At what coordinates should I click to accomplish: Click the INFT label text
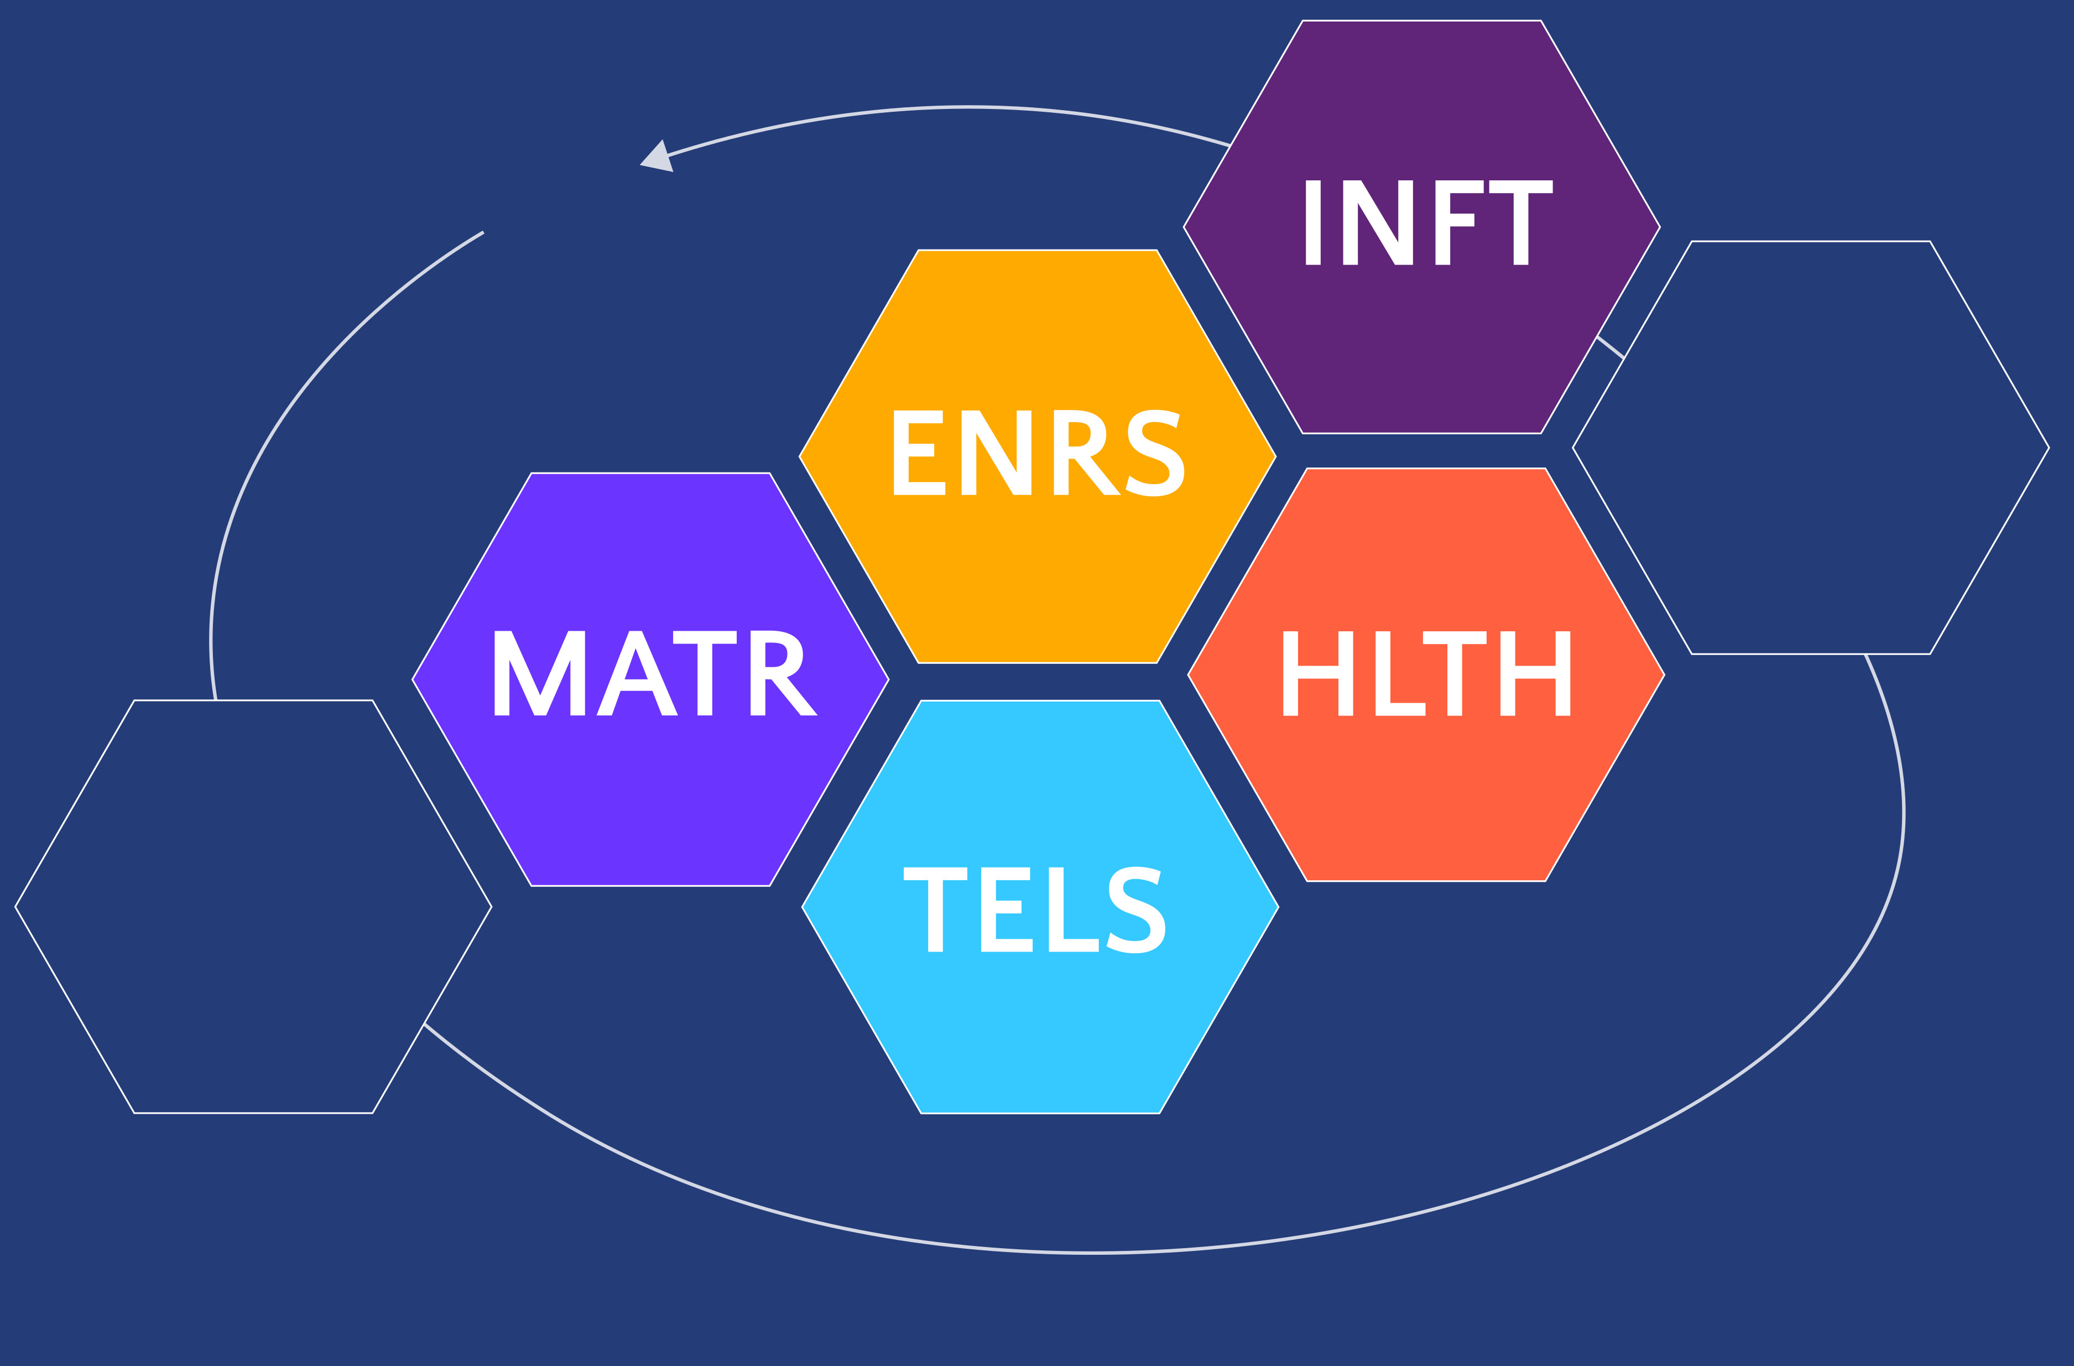pyautogui.click(x=1428, y=222)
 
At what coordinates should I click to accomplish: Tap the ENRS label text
pyautogui.click(x=1038, y=453)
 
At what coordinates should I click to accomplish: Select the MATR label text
pyautogui.click(x=655, y=673)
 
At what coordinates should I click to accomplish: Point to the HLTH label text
pyautogui.click(x=1426, y=673)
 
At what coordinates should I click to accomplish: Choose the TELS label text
pyautogui.click(x=1034, y=909)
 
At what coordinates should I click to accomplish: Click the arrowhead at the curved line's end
pyautogui.click(x=659, y=158)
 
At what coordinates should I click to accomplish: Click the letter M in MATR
pyautogui.click(x=539, y=673)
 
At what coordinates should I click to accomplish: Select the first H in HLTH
pyautogui.click(x=1317, y=673)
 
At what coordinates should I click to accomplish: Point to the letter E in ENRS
pyautogui.click(x=919, y=453)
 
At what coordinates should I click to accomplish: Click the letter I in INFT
pyautogui.click(x=1312, y=222)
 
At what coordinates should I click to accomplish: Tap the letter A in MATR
pyautogui.click(x=637, y=673)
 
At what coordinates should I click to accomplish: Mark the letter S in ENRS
pyautogui.click(x=1155, y=453)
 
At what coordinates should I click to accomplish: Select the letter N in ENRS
pyautogui.click(x=996, y=453)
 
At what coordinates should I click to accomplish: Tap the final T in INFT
pyautogui.click(x=1520, y=222)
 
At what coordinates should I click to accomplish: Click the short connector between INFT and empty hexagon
pyautogui.click(x=1611, y=347)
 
